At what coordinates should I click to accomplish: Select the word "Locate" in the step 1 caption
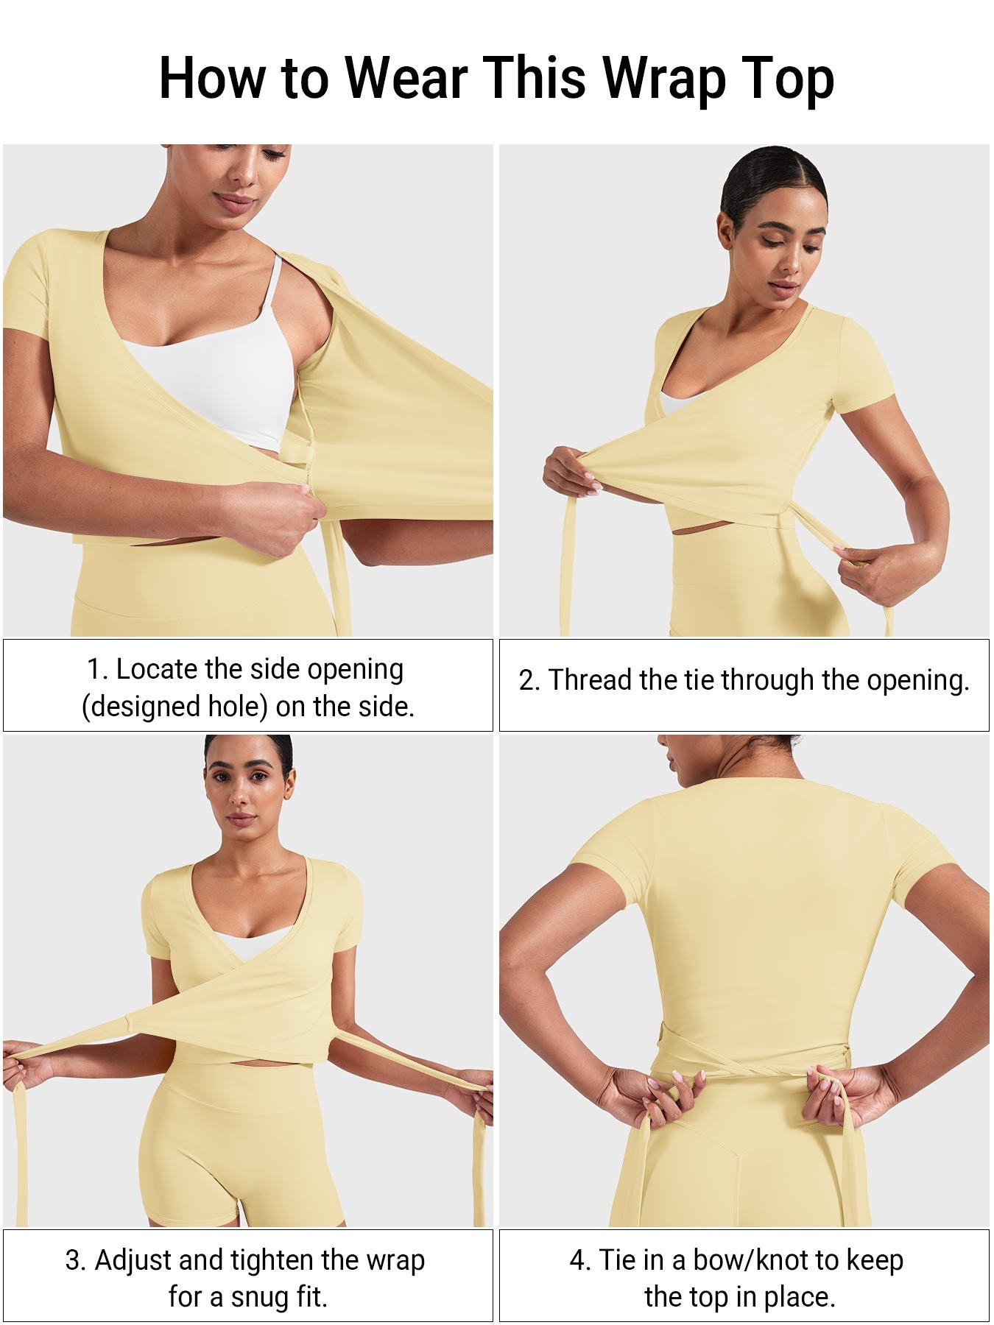157,669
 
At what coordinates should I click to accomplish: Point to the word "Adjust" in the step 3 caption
134,1261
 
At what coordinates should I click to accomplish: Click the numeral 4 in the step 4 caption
578,1261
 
